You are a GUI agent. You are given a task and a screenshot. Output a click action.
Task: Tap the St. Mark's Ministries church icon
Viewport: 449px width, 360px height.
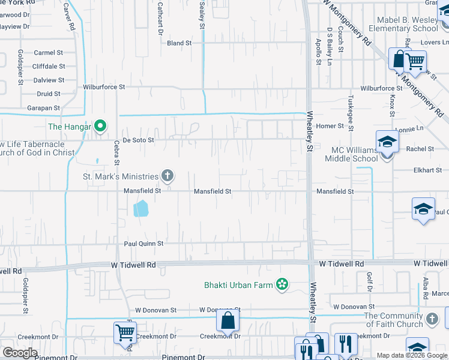coord(167,176)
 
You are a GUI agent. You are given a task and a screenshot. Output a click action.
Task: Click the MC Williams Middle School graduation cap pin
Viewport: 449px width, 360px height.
coord(387,142)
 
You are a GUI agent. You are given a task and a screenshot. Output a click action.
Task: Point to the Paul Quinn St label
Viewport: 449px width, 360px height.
coord(143,244)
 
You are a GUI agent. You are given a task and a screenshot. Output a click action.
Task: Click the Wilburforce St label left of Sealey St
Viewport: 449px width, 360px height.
coord(104,87)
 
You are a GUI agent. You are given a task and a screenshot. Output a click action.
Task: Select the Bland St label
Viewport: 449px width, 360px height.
coord(179,43)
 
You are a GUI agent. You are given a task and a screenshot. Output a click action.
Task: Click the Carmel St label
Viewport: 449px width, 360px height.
coord(48,53)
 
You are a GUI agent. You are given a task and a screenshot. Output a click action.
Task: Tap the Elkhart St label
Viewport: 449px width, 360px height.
coord(427,170)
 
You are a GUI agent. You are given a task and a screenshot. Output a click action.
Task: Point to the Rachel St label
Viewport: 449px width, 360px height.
coord(420,149)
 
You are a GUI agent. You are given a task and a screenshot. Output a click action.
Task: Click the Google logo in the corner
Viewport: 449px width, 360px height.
coord(19,353)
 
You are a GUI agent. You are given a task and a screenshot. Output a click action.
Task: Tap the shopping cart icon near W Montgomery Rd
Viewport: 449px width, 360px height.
coord(414,61)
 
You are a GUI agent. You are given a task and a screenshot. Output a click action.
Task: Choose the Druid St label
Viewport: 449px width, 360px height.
coord(48,94)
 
